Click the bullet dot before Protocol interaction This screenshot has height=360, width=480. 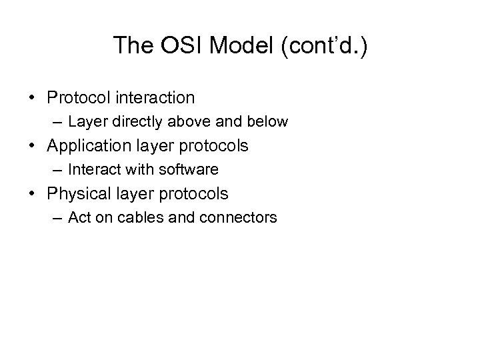(x=34, y=99)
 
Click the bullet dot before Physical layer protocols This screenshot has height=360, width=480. (x=34, y=195)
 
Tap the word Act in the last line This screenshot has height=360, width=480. (x=79, y=218)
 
